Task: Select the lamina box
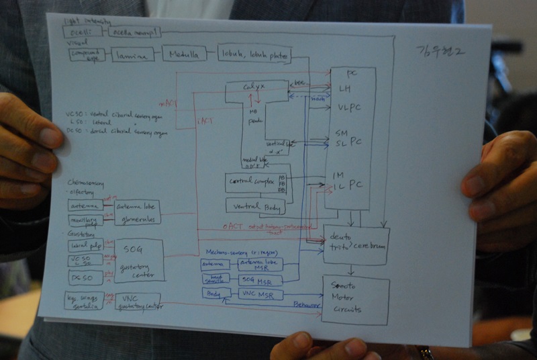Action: (133, 56)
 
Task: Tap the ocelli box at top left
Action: (83, 32)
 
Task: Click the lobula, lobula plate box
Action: (254, 53)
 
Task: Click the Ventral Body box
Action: (255, 206)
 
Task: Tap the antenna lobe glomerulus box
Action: (137, 212)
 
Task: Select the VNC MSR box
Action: (260, 294)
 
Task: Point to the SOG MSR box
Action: (260, 279)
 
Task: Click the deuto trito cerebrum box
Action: (356, 244)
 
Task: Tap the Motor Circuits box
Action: (354, 300)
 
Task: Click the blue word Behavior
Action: (307, 304)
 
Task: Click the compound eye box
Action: (87, 54)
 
